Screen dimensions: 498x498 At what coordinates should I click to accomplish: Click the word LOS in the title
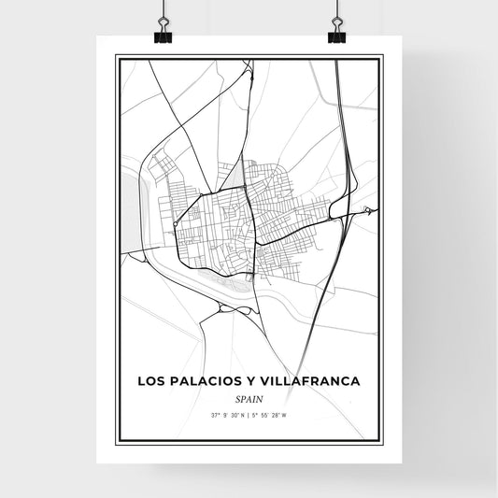click(152, 381)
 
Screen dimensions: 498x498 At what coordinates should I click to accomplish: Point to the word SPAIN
click(249, 397)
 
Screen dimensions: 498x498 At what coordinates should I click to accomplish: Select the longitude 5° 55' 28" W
click(272, 413)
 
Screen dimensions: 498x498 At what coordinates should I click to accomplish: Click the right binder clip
click(336, 35)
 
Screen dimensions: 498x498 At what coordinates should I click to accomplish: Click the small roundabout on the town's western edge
click(175, 224)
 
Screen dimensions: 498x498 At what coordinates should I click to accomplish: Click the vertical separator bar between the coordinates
click(249, 413)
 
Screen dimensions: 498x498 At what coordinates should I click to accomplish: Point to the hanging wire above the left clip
click(162, 11)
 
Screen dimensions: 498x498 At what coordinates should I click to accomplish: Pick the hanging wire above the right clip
click(335, 11)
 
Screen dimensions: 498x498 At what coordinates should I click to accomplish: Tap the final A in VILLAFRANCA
click(354, 381)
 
